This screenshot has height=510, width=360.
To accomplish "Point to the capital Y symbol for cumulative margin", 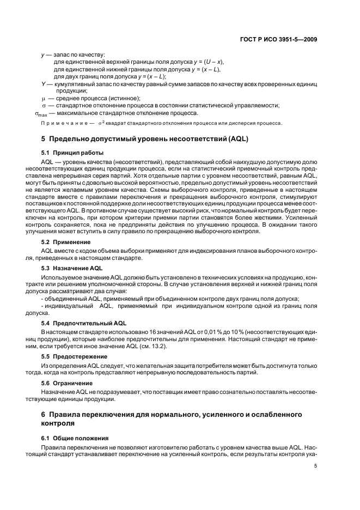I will (43, 84).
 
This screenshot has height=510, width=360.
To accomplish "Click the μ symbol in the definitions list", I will (43, 98).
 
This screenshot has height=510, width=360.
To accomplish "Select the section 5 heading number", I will (44, 139).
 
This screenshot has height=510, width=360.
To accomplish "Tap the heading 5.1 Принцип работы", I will (72, 153).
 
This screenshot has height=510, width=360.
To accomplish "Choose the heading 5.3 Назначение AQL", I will (72, 269).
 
